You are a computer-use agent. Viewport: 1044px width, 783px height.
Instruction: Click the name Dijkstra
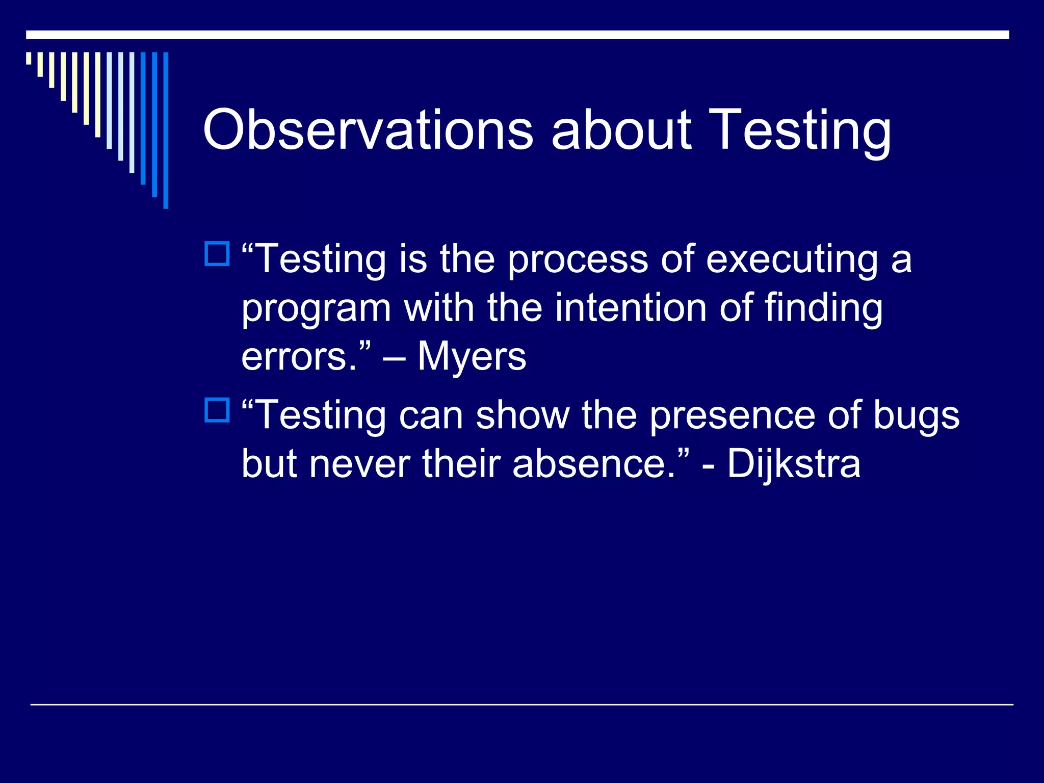coord(794,464)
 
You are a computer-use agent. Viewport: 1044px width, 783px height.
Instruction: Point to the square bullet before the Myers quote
coord(217,254)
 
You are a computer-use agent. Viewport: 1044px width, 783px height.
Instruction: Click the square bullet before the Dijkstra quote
coord(217,410)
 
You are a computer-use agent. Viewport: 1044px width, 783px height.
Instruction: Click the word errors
coord(300,357)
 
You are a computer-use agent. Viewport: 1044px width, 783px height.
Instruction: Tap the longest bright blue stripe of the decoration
coord(166,130)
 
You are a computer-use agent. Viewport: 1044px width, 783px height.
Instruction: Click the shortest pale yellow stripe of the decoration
coord(29,58)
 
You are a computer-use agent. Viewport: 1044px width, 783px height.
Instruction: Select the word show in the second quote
coord(523,415)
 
